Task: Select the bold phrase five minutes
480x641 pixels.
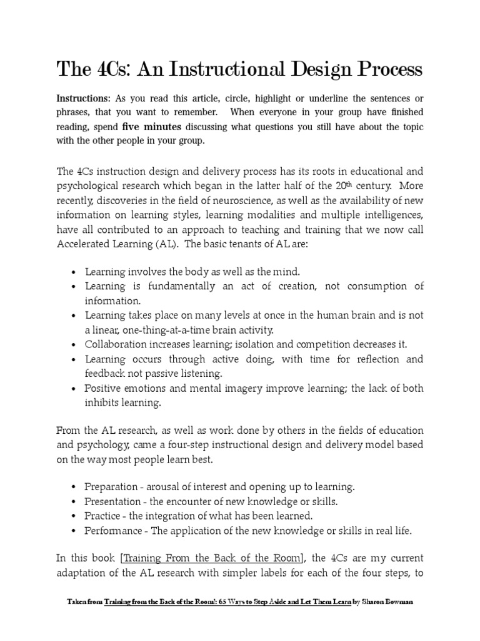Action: (156, 126)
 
